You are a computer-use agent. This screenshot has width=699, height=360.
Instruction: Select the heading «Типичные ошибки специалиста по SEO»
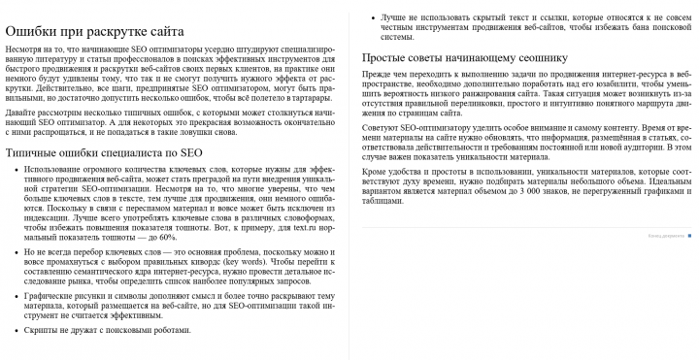tap(104, 152)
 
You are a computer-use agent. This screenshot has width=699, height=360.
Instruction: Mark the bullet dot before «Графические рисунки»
tap(15, 295)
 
